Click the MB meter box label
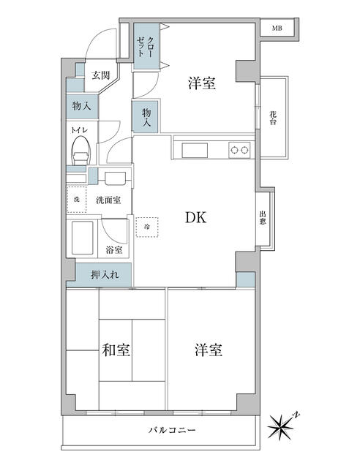277,29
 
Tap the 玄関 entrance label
100,75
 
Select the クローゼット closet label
146,47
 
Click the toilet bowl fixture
80,150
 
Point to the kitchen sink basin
195,150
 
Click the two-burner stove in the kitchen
239,150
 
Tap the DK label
195,218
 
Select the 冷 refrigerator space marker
146,227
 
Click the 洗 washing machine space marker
77,200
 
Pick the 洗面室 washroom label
108,200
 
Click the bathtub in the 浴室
83,238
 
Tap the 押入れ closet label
105,275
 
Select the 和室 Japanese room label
116,350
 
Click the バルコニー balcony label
172,430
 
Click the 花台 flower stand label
273,118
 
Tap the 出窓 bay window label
263,218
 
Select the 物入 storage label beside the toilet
81,106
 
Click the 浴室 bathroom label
114,250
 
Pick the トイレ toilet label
79,130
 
